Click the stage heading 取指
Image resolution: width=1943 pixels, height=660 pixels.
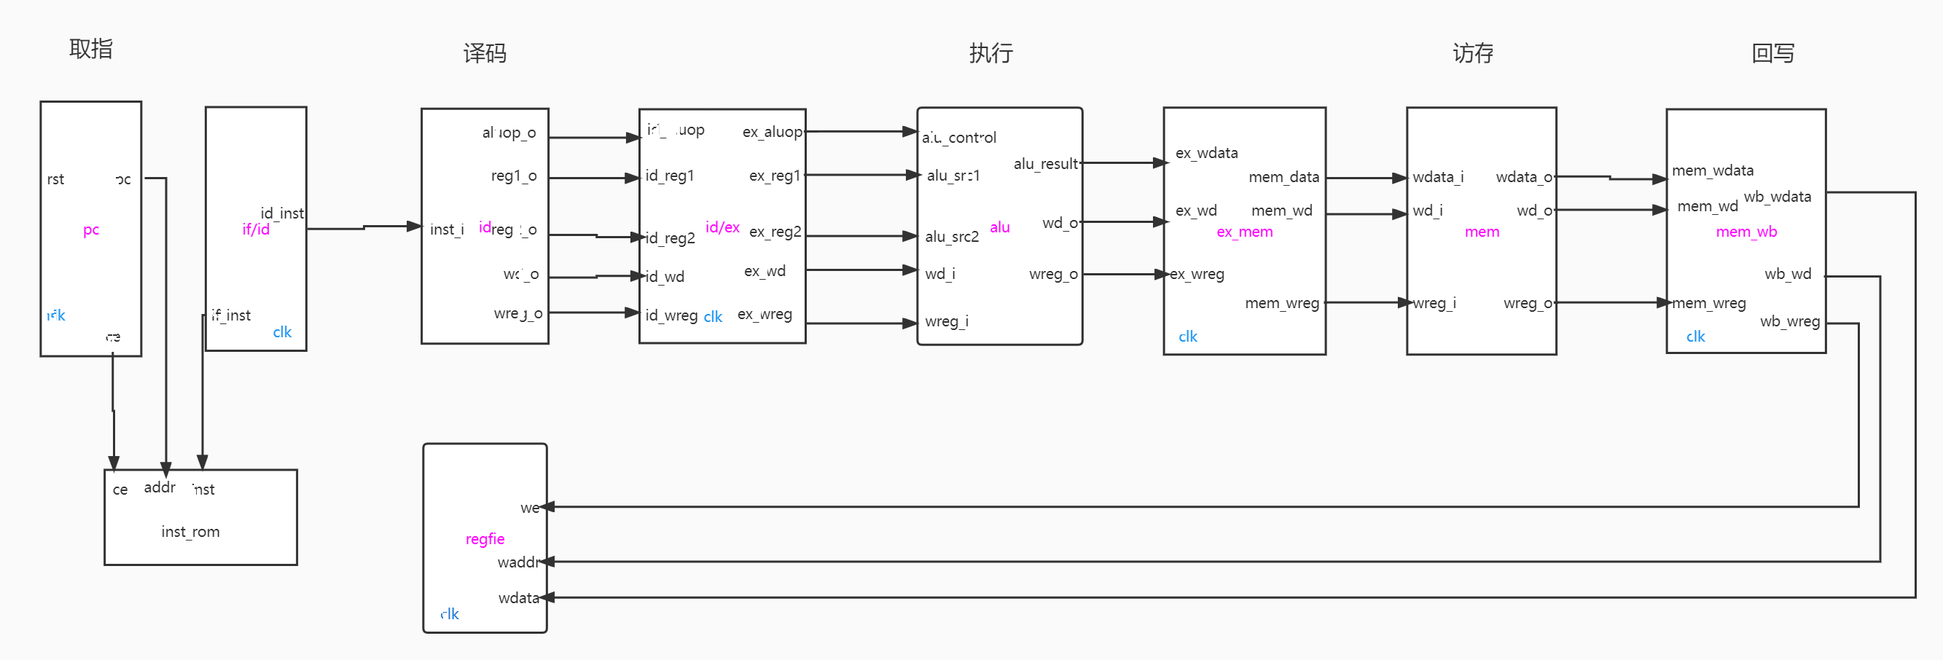(90, 49)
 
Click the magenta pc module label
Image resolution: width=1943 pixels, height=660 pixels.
(91, 229)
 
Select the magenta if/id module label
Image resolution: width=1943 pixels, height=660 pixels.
(256, 229)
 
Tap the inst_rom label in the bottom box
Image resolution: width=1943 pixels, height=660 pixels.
(190, 532)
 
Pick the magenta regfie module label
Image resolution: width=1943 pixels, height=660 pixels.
(485, 538)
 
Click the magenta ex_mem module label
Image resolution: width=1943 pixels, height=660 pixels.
(1245, 232)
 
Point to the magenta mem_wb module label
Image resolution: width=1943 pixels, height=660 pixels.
(1746, 232)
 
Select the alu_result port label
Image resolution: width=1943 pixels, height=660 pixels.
(1045, 164)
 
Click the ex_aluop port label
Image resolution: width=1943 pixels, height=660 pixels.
(773, 132)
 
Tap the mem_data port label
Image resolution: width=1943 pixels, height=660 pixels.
(1283, 177)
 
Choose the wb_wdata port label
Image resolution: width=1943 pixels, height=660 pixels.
(1777, 197)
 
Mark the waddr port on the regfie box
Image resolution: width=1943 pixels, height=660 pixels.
(518, 562)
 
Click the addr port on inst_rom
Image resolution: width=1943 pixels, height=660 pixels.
(160, 487)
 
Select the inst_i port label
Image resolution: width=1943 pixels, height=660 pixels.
(447, 229)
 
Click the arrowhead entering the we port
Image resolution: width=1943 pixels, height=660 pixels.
(548, 507)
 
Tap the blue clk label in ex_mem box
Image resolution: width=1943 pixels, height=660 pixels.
(1188, 337)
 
